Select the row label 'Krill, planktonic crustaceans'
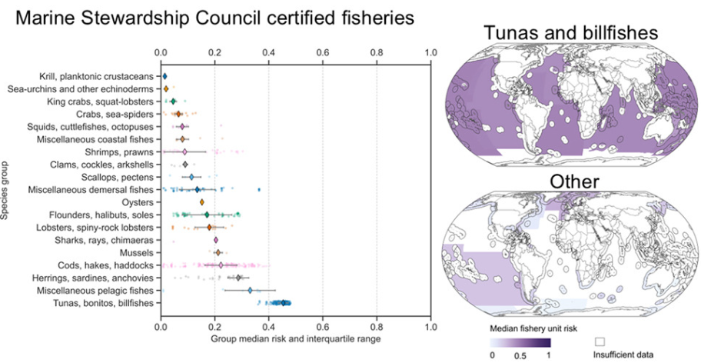pos(98,77)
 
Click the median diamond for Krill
pos(164,77)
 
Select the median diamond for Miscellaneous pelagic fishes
pos(251,290)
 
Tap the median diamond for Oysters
pos(202,202)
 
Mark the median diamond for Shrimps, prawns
pos(184,152)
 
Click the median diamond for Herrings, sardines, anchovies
pos(238,278)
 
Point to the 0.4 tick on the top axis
pos(269,53)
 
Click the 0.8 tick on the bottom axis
pos(377,326)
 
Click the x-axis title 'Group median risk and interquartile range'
pos(295,338)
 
